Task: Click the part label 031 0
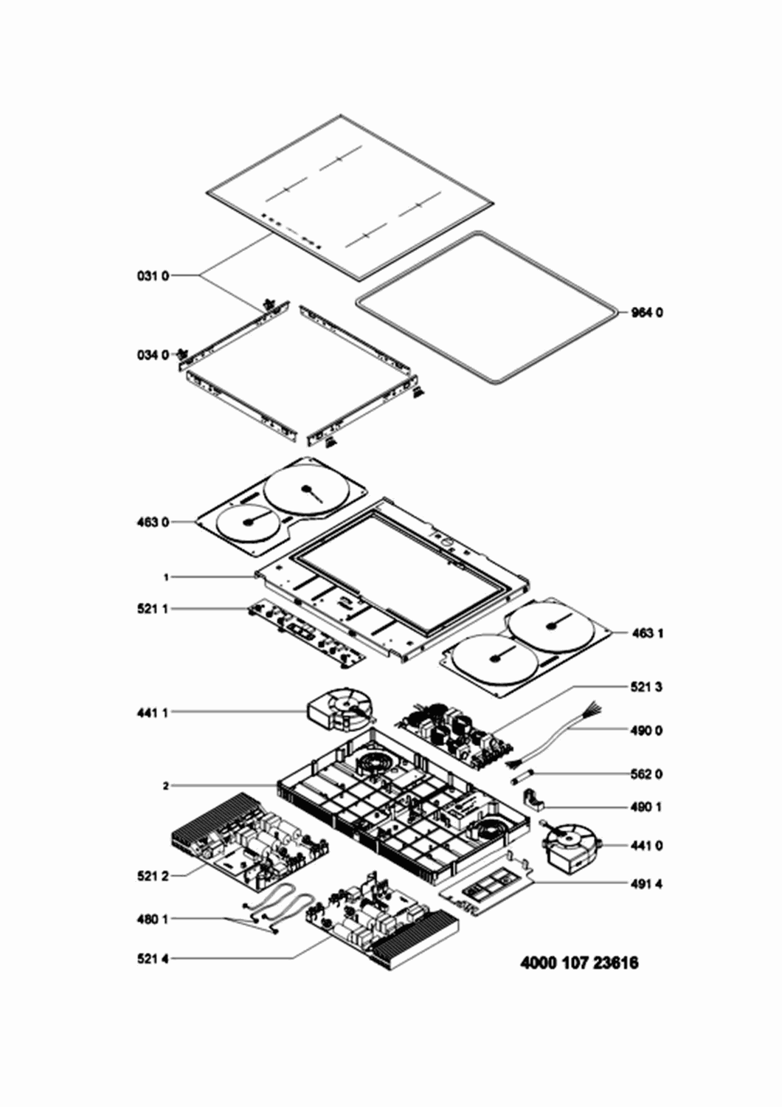click(153, 276)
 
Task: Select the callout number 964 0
click(647, 312)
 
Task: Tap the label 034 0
click(153, 355)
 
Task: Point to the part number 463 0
click(153, 522)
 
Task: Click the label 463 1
click(647, 633)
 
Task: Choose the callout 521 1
click(153, 610)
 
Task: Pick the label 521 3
click(647, 687)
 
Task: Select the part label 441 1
click(153, 713)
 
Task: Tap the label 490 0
click(647, 730)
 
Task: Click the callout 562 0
click(647, 774)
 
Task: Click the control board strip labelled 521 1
click(306, 635)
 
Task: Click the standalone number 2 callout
click(166, 784)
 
